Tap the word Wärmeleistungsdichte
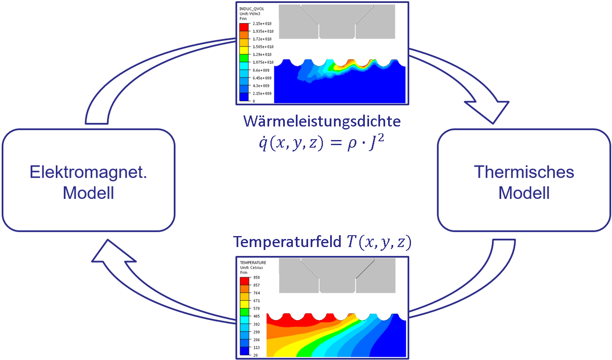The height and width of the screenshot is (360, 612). pyautogui.click(x=322, y=121)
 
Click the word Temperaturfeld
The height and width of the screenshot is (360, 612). pyautogui.click(x=287, y=242)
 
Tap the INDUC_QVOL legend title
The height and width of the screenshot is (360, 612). pyautogui.click(x=251, y=9)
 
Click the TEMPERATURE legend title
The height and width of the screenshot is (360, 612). pyautogui.click(x=253, y=263)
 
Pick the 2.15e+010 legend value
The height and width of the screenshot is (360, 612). pyautogui.click(x=262, y=24)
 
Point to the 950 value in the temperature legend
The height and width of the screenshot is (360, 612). pyautogui.click(x=256, y=278)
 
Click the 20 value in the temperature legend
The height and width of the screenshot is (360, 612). pyautogui.click(x=256, y=355)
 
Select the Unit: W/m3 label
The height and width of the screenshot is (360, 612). pyautogui.click(x=250, y=14)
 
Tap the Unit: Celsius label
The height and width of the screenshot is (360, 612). pyautogui.click(x=251, y=268)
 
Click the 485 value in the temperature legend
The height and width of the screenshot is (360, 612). pyautogui.click(x=256, y=316)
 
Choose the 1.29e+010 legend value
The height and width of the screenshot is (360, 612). pyautogui.click(x=262, y=55)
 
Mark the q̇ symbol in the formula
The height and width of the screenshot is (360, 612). pyautogui.click(x=263, y=143)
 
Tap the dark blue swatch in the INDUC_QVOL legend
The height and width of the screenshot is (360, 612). pyautogui.click(x=244, y=97)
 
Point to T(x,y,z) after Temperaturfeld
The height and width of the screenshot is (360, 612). pyautogui.click(x=379, y=242)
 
